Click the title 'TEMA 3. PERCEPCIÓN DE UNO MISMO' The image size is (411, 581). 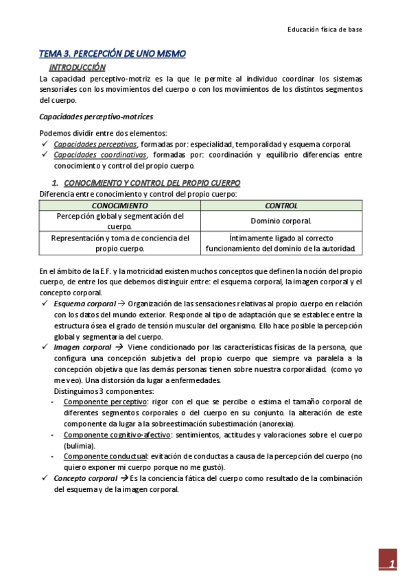(112, 54)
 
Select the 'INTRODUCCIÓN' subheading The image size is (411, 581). (77, 67)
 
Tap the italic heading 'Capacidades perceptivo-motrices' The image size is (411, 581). (96, 117)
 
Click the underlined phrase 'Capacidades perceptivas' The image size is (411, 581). (95, 145)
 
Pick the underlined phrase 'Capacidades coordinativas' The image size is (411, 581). (98, 155)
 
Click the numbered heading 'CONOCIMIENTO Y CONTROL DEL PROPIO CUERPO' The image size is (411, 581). (152, 184)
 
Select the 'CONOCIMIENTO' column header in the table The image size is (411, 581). (120, 206)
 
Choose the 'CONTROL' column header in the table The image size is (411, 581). (281, 206)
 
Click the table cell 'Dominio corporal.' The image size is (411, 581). (281, 221)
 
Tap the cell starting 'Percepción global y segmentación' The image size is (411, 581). (120, 221)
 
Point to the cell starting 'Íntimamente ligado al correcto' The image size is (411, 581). (281, 243)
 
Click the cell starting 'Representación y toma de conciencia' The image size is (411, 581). (120, 243)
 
